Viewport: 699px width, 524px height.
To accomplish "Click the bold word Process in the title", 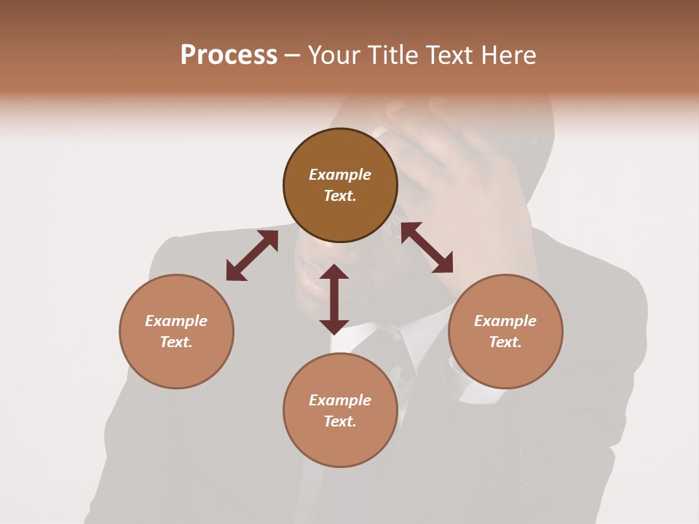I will [229, 55].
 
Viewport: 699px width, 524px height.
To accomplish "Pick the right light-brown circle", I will [505, 364].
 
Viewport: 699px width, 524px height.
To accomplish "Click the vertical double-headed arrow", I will [334, 299].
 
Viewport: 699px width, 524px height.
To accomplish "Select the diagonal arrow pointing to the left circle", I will [252, 255].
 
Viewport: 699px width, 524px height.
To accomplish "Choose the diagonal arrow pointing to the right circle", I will [427, 247].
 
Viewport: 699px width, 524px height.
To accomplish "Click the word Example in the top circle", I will [340, 175].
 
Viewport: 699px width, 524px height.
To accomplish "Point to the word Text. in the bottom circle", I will [340, 421].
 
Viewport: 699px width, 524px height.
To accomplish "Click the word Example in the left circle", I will [176, 321].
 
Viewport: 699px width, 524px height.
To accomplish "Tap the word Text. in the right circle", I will [505, 342].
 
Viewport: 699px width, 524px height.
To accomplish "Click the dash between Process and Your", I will [292, 56].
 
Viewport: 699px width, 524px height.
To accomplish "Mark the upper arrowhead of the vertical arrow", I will [334, 273].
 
